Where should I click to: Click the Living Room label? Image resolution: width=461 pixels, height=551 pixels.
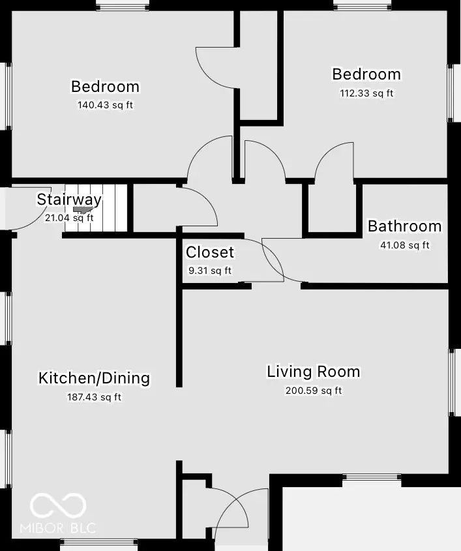tap(313, 372)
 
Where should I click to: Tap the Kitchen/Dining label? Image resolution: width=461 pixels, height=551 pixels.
tap(94, 378)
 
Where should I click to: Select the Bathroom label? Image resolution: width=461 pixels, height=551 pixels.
tap(404, 226)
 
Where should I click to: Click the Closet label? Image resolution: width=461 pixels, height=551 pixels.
tap(209, 252)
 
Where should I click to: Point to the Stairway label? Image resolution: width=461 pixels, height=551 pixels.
tap(69, 200)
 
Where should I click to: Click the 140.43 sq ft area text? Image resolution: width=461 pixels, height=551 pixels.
tap(105, 104)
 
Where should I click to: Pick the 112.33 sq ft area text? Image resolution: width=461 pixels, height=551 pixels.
tap(366, 93)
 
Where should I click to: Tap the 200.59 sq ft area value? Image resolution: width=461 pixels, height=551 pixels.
tap(313, 391)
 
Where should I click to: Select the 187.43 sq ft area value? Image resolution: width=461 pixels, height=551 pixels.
tap(94, 396)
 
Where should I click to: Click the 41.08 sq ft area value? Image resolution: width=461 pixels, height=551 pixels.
tap(404, 245)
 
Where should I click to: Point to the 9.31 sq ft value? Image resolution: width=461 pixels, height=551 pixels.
tap(209, 270)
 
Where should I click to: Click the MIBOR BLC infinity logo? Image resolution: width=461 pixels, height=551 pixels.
tap(59, 504)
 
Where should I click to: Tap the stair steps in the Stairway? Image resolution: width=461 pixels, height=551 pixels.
tap(111, 207)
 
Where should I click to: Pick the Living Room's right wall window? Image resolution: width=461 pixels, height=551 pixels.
tap(454, 381)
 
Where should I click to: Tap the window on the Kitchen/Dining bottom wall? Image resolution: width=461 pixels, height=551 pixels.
tap(98, 544)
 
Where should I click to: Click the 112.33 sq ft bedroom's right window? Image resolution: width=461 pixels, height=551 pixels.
tap(454, 92)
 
